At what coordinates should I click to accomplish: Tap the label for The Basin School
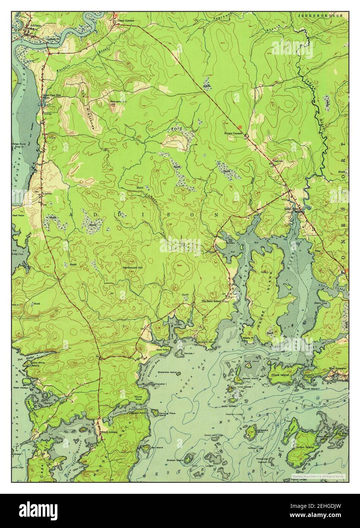pos(211,301)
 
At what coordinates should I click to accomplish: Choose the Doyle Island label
pos(280,375)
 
